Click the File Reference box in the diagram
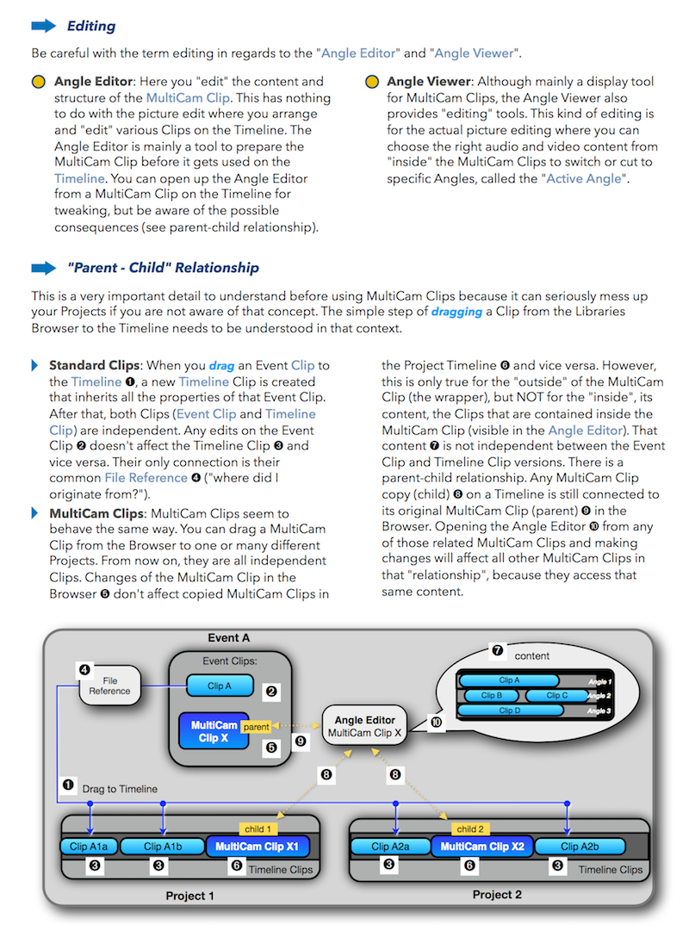pos(109,686)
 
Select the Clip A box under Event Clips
pos(220,686)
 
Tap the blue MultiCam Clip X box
pos(214,731)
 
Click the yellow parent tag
pos(256,727)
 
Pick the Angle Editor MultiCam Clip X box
pos(364,726)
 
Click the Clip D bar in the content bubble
pos(510,710)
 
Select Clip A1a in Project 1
pos(89,847)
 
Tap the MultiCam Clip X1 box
pos(258,847)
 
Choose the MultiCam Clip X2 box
pos(482,847)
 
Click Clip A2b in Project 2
pos(580,847)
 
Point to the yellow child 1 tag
pos(258,828)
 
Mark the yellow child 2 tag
pos(470,828)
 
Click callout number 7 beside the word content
pos(497,650)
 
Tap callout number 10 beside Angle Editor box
pos(436,722)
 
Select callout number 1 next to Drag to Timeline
pos(68,785)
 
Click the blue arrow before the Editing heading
pos(44,26)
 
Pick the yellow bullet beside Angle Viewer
pos(372,82)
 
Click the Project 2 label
pos(497,894)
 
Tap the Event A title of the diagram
pos(228,637)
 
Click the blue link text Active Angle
pos(584,178)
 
